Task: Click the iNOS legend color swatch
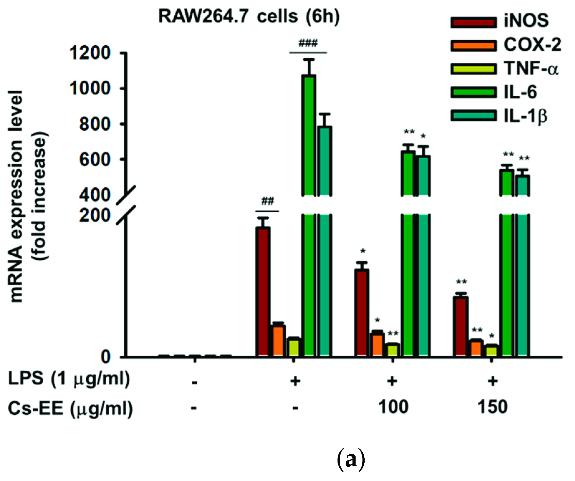pos(473,22)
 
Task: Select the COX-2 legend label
pos(532,45)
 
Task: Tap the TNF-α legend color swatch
pos(473,69)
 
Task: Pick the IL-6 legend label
pos(520,92)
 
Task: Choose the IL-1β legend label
pos(525,116)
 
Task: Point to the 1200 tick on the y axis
pos(90,53)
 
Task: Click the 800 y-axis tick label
pos(95,124)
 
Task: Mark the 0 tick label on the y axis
pos(106,357)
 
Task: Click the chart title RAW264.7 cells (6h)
pos(249,16)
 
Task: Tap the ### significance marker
pos(308,43)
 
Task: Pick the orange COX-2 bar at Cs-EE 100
pos(377,344)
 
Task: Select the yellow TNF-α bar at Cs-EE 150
pos(491,350)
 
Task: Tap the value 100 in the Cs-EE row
pos(393,407)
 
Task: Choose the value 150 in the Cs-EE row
pos(492,407)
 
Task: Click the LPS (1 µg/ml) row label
pos(69,379)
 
